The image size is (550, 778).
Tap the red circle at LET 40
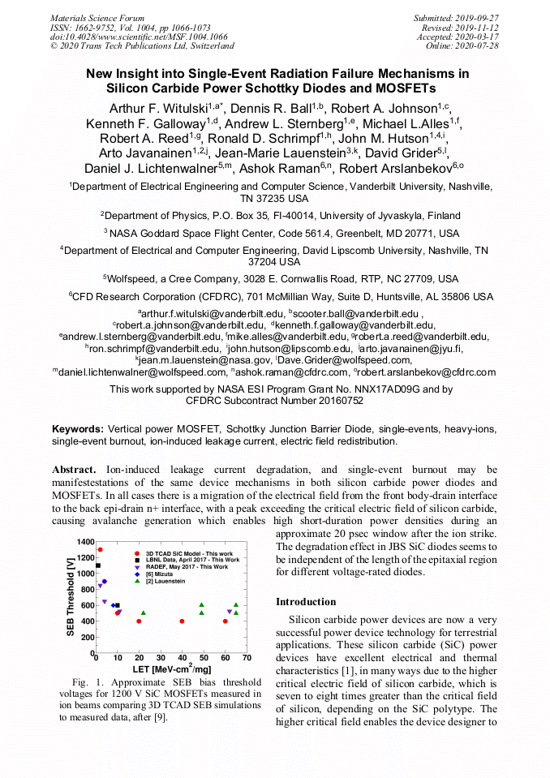coord(182,621)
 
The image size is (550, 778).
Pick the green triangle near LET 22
coord(144,613)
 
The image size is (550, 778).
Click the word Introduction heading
coord(306,602)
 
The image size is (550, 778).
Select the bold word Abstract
coord(74,470)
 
